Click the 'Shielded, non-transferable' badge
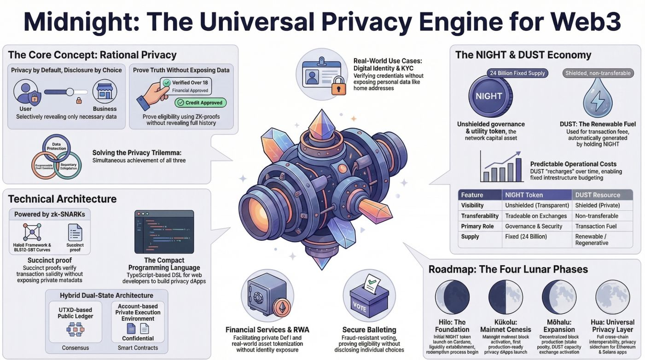(598, 73)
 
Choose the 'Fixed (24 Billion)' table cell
(526, 237)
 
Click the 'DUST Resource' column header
(598, 195)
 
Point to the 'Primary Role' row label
(477, 226)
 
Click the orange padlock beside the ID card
(338, 85)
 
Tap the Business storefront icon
(105, 91)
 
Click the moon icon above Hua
(613, 297)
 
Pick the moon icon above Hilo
(452, 297)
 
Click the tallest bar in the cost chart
(518, 169)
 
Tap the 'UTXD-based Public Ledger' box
(76, 322)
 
